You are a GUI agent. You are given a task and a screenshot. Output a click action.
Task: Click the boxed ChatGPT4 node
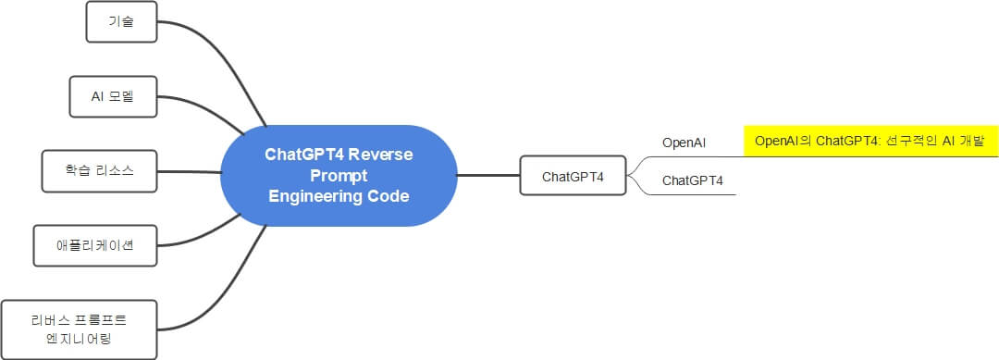pos(573,175)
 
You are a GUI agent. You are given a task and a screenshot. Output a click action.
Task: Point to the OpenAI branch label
pos(684,143)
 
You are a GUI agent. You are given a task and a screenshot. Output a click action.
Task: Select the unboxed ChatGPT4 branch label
pos(693,180)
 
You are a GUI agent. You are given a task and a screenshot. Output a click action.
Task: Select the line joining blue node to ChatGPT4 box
pos(488,175)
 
